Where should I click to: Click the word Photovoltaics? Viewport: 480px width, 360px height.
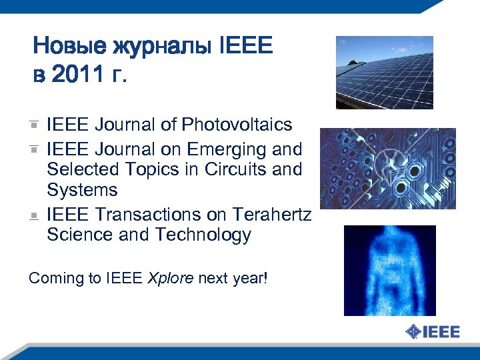tap(237, 125)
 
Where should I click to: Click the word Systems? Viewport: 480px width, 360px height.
tap(82, 190)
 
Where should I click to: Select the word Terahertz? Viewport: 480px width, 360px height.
tap(273, 215)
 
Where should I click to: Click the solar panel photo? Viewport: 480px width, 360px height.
tap(384, 72)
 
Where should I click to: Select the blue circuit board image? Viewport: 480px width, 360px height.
tap(387, 169)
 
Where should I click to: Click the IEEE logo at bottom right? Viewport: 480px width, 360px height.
tap(433, 331)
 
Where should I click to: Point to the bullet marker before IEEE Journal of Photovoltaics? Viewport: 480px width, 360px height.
tap(33, 125)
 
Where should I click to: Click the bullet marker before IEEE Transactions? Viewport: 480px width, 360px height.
tap(33, 215)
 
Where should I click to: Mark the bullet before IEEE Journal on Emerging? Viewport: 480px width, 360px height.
tap(33, 149)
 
